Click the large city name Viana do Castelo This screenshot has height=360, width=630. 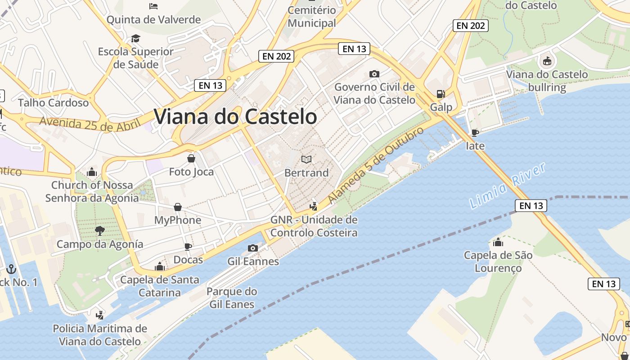(235, 117)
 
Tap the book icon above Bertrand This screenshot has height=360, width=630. (306, 159)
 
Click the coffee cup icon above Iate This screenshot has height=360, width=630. (475, 132)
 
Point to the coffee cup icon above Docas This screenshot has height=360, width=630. (188, 247)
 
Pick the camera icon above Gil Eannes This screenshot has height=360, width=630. (253, 248)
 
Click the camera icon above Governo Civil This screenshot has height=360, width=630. (374, 74)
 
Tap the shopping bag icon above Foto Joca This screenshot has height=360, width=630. (191, 158)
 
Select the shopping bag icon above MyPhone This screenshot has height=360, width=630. (178, 207)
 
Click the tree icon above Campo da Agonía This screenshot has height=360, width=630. (100, 231)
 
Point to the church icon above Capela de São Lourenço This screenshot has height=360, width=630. (498, 243)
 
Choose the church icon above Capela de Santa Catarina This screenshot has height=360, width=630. (159, 266)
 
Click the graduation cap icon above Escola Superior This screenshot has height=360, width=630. (135, 38)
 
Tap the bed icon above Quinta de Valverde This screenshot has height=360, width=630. (153, 6)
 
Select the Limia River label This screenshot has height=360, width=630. (507, 186)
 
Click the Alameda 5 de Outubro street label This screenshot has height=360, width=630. (376, 165)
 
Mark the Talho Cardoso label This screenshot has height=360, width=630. (54, 103)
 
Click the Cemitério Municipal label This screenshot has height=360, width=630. (312, 17)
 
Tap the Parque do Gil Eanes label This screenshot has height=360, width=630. (232, 298)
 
